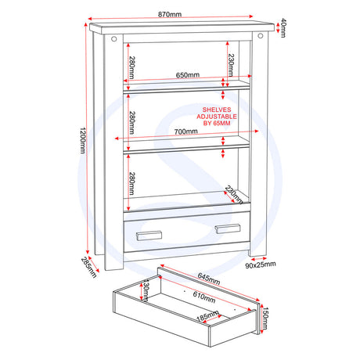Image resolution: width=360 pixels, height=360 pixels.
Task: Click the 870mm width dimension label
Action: (170, 14)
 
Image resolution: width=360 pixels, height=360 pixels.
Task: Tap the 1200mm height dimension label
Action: (83, 140)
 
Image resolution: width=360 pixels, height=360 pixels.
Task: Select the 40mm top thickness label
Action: (283, 28)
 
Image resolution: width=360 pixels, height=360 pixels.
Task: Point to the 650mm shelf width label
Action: (188, 75)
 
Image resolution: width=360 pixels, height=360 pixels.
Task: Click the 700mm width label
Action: (185, 131)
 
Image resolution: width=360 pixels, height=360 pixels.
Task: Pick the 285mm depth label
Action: (88, 268)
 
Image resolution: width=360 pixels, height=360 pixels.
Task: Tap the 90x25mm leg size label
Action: (261, 265)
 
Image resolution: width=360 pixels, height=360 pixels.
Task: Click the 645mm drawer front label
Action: (209, 279)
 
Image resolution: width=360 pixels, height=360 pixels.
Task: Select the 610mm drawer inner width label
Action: (204, 297)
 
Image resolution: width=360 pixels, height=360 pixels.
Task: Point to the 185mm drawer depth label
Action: (207, 316)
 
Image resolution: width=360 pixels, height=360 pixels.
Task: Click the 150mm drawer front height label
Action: (265, 319)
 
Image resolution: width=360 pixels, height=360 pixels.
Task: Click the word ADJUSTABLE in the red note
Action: (217, 117)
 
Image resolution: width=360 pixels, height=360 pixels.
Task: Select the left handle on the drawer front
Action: (149, 236)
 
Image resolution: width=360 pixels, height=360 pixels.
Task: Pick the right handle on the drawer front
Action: (228, 229)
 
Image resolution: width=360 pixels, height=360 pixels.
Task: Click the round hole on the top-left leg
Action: (114, 39)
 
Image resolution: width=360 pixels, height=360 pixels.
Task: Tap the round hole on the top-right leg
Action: (261, 36)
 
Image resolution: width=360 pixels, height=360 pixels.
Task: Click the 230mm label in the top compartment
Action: (231, 65)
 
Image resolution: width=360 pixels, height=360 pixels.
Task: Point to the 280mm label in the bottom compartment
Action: (132, 183)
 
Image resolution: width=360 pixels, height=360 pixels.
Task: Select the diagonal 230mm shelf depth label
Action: (234, 195)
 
